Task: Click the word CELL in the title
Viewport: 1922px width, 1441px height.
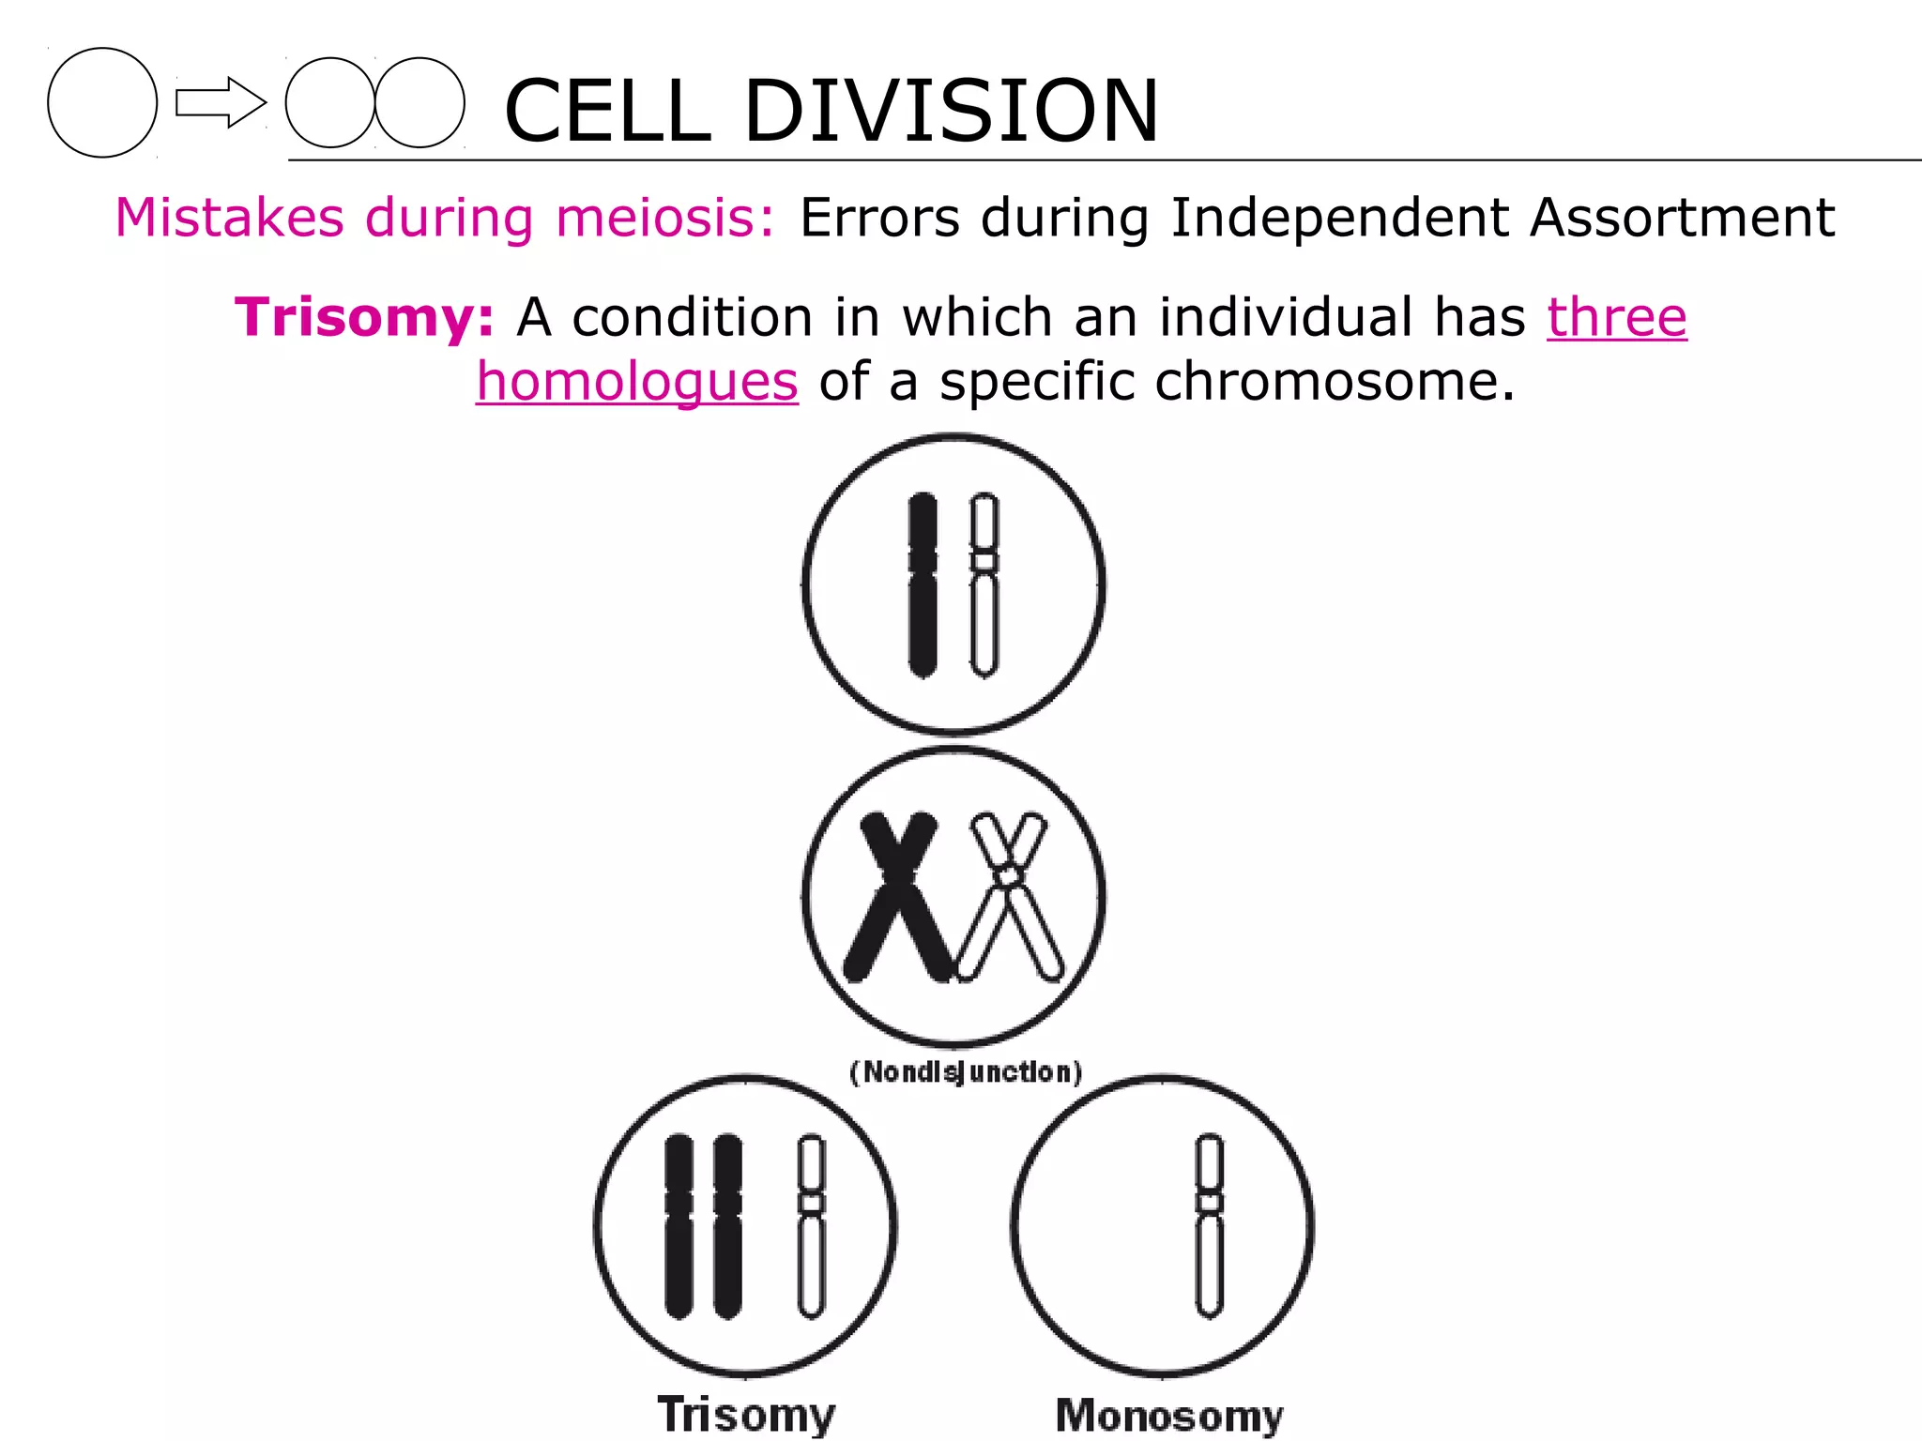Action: pyautogui.click(x=607, y=111)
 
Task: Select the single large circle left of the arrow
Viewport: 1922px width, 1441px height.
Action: pyautogui.click(x=102, y=102)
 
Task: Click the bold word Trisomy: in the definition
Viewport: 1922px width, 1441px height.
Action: pyautogui.click(x=364, y=317)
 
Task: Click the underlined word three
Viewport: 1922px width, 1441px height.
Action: pyautogui.click(x=1616, y=317)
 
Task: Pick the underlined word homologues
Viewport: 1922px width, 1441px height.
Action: pyautogui.click(x=637, y=382)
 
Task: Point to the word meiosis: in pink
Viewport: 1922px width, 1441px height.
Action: pyautogui.click(x=665, y=218)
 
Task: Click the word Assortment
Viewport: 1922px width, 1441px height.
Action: pyautogui.click(x=1682, y=218)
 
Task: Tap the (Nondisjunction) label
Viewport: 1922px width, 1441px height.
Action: pyautogui.click(x=966, y=1071)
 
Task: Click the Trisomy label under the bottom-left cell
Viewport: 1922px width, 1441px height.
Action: pyautogui.click(x=746, y=1414)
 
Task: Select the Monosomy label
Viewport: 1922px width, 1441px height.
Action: pyautogui.click(x=1168, y=1415)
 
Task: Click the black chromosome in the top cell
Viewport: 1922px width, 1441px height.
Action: pyautogui.click(x=923, y=584)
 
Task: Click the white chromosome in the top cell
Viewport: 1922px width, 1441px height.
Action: pyautogui.click(x=984, y=584)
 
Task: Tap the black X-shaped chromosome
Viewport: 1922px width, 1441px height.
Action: pyautogui.click(x=898, y=896)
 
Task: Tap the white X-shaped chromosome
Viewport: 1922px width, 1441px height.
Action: pyautogui.click(x=1009, y=896)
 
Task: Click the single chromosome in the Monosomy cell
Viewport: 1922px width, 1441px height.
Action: pyautogui.click(x=1210, y=1225)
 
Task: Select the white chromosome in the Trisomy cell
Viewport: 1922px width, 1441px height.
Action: pyautogui.click(x=812, y=1225)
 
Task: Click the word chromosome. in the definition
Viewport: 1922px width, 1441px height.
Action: pyautogui.click(x=1335, y=382)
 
